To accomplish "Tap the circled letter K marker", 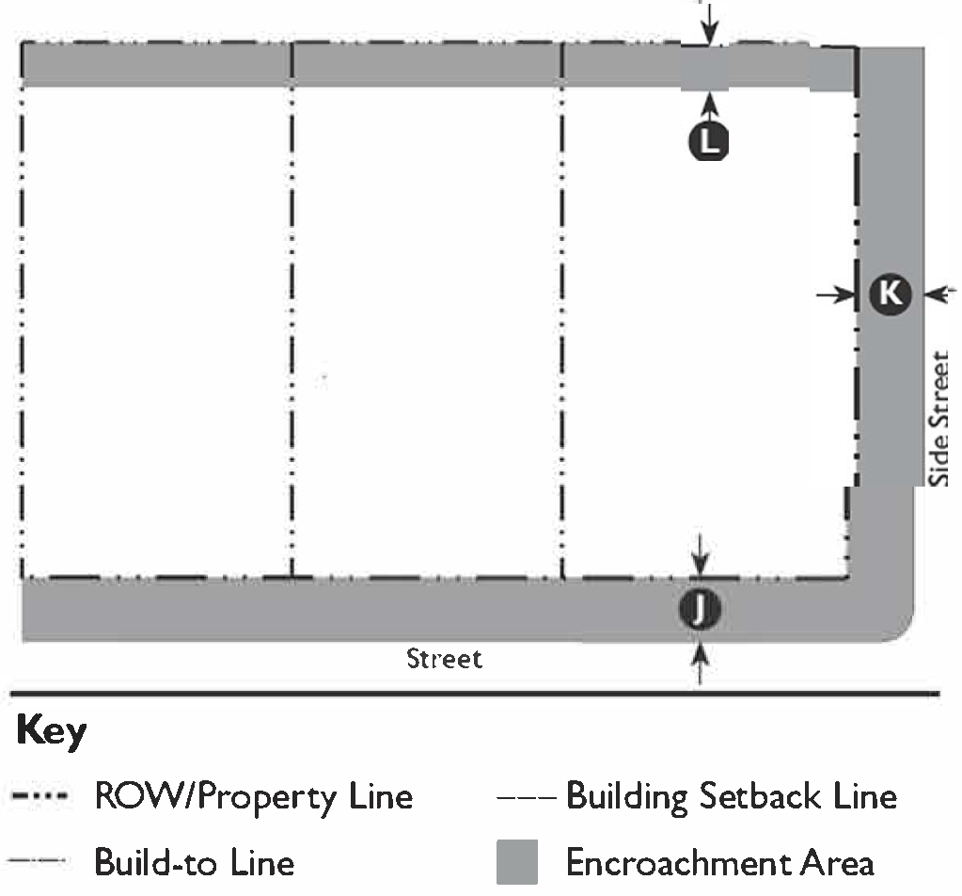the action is tap(889, 295).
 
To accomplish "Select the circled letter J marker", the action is tap(700, 611).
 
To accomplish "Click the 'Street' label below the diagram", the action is tap(444, 658).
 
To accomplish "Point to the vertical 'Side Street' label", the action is tap(939, 420).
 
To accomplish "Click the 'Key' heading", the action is tap(51, 731).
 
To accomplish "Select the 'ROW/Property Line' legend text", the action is tap(253, 797).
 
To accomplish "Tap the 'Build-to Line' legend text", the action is tap(194, 861).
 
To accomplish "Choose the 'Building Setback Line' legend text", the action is tap(731, 797).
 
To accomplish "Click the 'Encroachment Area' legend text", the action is tap(719, 862).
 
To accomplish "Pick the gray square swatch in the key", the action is tap(516, 861).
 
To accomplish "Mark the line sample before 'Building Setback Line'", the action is tap(528, 798).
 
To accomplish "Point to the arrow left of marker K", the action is tap(834, 295).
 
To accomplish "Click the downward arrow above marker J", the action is tap(700, 555).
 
